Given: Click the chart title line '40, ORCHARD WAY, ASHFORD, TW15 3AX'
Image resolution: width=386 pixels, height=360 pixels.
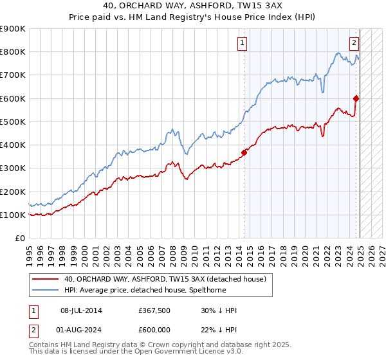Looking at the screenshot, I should tap(193, 6).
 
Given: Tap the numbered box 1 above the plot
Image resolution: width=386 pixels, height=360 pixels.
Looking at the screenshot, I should tap(243, 43).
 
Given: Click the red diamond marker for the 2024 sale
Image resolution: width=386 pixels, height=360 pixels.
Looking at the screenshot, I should tap(356, 98).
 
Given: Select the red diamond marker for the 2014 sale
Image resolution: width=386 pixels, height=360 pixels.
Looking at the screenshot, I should tap(244, 152).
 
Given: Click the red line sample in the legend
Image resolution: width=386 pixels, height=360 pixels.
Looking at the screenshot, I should tap(45, 279).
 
